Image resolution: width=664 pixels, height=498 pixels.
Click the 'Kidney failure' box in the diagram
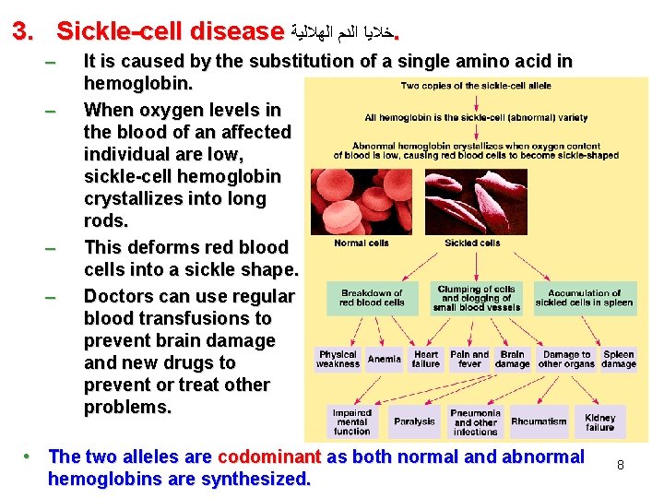(599, 421)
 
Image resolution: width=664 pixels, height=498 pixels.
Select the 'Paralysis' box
(414, 421)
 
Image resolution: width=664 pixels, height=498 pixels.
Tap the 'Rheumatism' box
(539, 421)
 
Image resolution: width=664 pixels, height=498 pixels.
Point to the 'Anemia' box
(384, 359)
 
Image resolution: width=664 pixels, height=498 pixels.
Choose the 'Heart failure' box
(426, 359)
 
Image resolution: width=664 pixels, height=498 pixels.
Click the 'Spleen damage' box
(618, 359)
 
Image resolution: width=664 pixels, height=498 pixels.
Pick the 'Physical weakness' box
(338, 359)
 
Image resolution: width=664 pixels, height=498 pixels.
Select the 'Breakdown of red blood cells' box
(372, 298)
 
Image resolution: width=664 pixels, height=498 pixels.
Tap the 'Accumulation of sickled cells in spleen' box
(584, 298)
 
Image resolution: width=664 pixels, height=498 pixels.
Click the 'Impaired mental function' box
(351, 421)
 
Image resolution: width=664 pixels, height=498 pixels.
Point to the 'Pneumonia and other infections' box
(475, 421)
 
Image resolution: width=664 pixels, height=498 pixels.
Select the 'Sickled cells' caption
(472, 243)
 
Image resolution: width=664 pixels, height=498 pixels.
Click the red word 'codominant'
(267, 456)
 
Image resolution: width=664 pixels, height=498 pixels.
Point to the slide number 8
(621, 466)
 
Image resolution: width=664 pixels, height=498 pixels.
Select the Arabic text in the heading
(341, 33)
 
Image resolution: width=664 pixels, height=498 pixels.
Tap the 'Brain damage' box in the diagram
(512, 359)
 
